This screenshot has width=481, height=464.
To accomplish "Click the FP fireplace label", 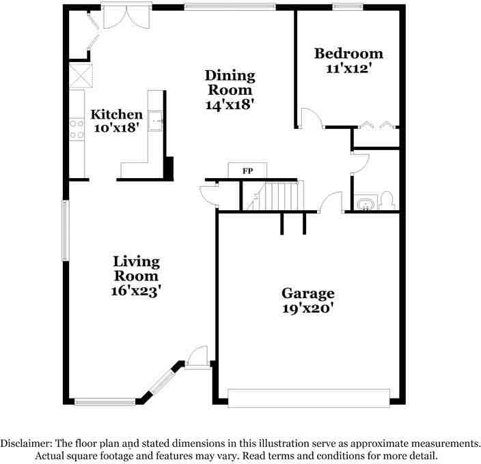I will [248, 171].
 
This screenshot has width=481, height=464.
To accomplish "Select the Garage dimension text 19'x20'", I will [307, 308].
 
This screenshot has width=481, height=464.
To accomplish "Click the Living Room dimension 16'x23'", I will [136, 290].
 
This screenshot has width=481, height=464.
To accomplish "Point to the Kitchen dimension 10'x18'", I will [116, 127].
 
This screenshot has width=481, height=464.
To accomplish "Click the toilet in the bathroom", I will [386, 201].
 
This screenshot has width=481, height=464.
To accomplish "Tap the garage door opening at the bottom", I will [308, 398].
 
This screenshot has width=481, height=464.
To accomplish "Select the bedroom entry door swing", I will [312, 118].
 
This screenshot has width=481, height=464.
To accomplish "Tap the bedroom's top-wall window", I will [347, 8].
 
